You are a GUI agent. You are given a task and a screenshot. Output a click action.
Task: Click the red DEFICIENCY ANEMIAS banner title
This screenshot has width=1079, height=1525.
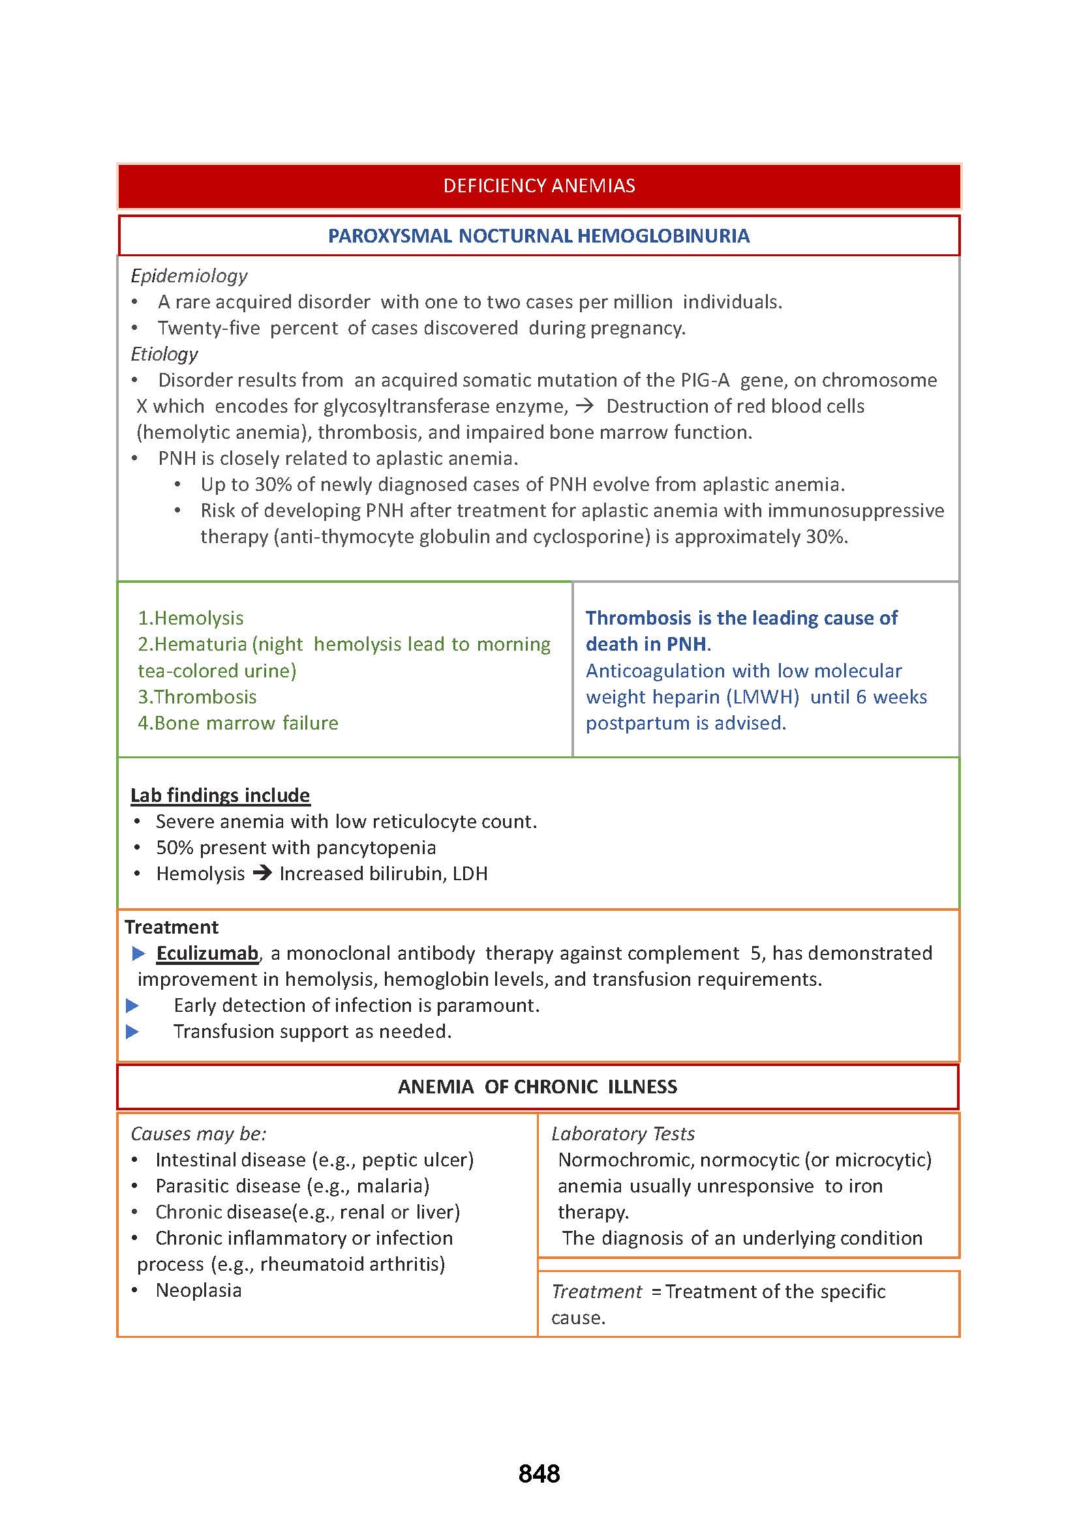tap(539, 185)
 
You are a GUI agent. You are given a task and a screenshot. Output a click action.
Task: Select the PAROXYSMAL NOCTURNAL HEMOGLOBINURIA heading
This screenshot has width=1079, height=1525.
tap(539, 236)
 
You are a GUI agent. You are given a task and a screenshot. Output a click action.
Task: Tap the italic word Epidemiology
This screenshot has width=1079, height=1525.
tap(189, 275)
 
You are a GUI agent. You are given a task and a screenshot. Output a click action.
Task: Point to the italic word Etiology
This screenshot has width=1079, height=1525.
tap(164, 353)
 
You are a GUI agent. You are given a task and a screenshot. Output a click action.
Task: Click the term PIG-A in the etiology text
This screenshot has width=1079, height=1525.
tap(705, 380)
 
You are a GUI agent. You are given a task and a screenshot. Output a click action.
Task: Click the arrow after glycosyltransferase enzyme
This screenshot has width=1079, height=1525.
tap(585, 406)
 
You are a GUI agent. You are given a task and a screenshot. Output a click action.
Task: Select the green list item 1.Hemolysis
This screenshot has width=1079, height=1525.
tap(190, 617)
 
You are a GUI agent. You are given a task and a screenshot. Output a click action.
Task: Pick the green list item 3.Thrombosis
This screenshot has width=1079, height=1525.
tap(197, 697)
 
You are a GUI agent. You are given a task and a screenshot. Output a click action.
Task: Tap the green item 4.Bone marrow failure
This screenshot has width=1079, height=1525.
tap(238, 722)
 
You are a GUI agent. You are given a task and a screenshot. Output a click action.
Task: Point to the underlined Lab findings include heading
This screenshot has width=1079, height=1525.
tap(220, 795)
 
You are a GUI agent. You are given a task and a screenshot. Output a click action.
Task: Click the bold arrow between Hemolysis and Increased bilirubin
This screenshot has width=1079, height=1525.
tap(262, 874)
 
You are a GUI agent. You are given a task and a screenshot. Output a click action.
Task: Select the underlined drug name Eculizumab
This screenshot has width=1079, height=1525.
tap(207, 953)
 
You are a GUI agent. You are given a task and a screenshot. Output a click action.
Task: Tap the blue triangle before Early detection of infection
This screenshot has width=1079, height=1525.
tap(132, 1005)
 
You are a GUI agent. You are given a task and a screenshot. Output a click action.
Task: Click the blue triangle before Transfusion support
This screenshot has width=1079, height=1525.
tap(132, 1031)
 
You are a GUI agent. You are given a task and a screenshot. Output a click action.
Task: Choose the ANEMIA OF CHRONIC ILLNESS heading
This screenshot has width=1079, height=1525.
tap(538, 1087)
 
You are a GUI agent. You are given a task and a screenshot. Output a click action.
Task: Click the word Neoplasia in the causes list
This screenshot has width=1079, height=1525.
tap(199, 1290)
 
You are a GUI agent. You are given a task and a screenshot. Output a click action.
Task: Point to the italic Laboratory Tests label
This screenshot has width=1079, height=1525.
tap(622, 1133)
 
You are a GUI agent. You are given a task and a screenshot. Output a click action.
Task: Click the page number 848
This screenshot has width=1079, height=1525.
tap(539, 1473)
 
